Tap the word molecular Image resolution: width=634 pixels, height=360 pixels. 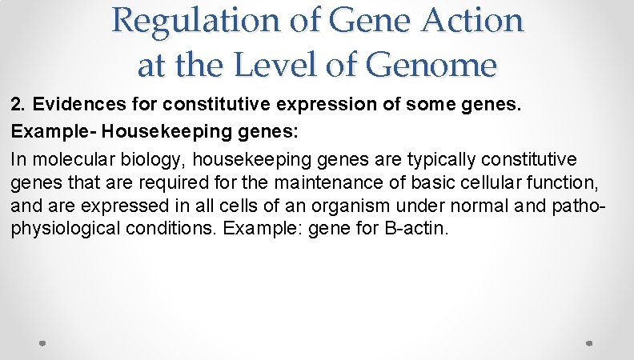[67, 160]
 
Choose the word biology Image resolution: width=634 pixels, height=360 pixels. [136, 160]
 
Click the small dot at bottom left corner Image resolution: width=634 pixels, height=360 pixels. [43, 343]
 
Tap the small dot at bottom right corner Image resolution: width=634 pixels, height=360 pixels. [588, 343]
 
